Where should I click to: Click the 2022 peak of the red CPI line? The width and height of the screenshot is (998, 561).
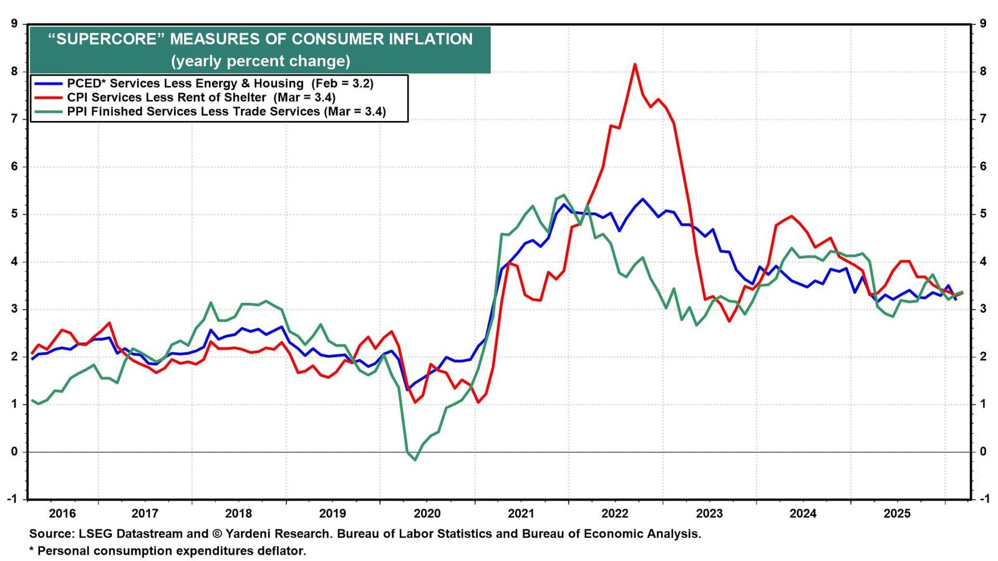(635, 65)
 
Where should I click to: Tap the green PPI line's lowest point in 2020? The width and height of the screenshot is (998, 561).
(415, 459)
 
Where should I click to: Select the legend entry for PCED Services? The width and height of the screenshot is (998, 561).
(203, 84)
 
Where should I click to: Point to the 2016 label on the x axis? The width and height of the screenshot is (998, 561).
(62, 514)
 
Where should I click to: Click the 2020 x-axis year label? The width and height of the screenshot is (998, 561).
(427, 514)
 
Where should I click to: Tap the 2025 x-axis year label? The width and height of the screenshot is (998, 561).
(898, 514)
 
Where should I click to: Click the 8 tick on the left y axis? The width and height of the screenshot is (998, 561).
(14, 71)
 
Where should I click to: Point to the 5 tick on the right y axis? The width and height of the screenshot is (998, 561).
(982, 214)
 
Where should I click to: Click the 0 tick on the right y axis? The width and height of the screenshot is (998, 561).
(982, 451)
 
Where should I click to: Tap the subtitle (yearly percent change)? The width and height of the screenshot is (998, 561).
(261, 60)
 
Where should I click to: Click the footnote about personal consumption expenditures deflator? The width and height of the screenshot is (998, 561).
(168, 551)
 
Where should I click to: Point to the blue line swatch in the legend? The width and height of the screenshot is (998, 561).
(48, 84)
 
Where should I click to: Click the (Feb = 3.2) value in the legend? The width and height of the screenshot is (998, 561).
(342, 84)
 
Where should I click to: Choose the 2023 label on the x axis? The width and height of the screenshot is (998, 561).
(709, 514)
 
